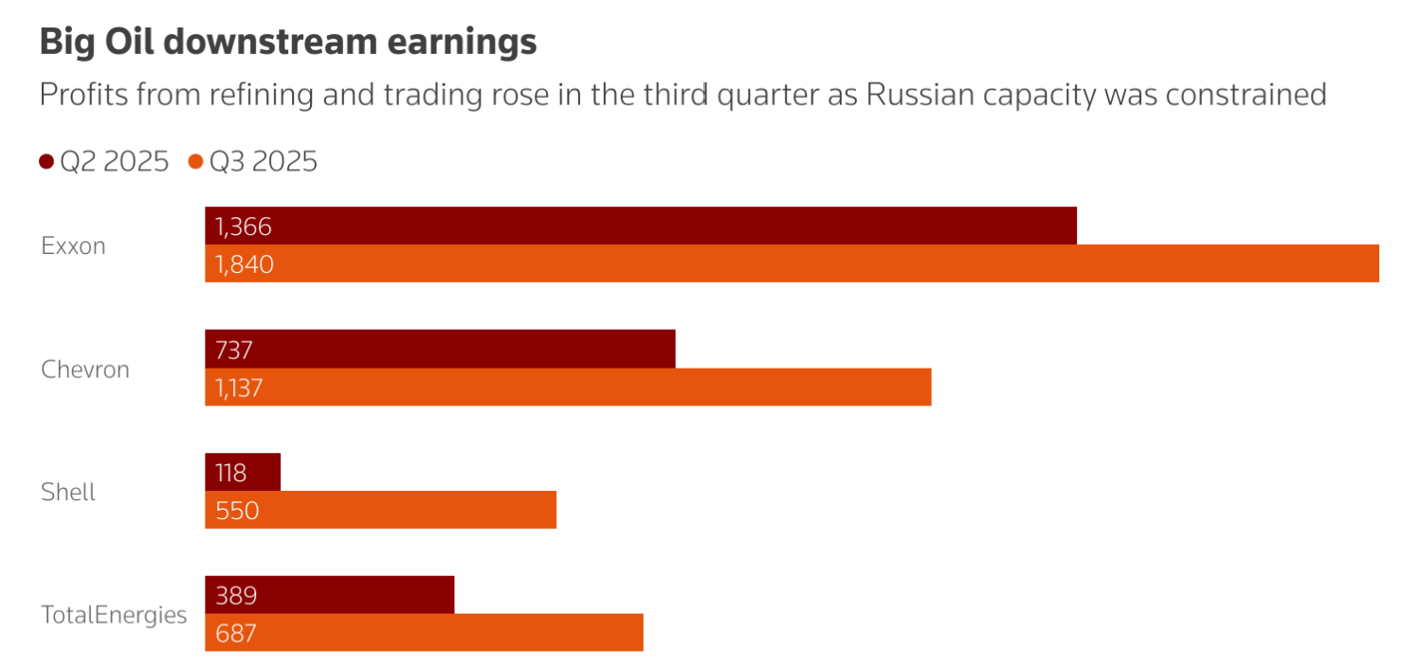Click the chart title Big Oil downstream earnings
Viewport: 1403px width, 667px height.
[x=288, y=43]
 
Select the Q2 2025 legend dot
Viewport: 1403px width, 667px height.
[x=46, y=162]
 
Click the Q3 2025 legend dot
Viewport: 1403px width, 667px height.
[x=196, y=162]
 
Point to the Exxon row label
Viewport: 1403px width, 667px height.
[x=73, y=246]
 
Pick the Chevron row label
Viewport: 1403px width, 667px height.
[x=85, y=370]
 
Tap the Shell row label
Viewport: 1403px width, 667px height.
[x=68, y=493]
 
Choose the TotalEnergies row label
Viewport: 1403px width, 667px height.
[x=114, y=615]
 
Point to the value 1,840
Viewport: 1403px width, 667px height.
[x=245, y=264]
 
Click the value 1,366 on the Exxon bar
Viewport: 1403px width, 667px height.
[x=244, y=226]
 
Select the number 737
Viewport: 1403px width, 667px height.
[x=234, y=350]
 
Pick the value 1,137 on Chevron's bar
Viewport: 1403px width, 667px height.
[x=239, y=388]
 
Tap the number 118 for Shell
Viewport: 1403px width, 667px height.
[x=231, y=473]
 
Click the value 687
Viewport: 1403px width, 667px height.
[x=236, y=633]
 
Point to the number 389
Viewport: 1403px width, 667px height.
[x=237, y=595]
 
